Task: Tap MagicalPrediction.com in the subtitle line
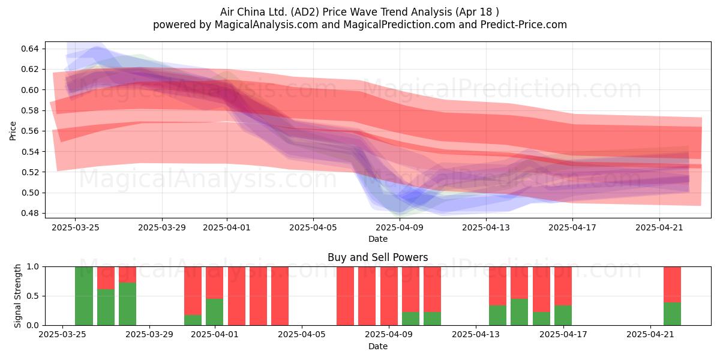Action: (399, 25)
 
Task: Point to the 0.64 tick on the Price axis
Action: (29, 49)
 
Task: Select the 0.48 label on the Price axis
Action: (29, 214)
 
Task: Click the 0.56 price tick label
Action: (29, 131)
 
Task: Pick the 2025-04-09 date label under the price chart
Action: (400, 228)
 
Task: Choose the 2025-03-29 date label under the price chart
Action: (162, 228)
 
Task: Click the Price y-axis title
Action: (13, 131)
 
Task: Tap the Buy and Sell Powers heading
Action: (377, 257)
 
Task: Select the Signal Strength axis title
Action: (17, 296)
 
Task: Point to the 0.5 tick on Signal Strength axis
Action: (33, 296)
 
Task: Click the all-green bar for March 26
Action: (84, 296)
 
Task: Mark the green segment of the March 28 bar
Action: (127, 304)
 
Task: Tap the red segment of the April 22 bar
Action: (673, 285)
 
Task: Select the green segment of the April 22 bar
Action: (673, 314)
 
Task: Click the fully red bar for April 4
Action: (280, 296)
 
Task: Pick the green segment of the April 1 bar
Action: (214, 312)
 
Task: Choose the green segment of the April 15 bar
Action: (520, 312)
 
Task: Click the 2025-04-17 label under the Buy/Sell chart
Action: (563, 335)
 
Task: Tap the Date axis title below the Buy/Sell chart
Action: (378, 347)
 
